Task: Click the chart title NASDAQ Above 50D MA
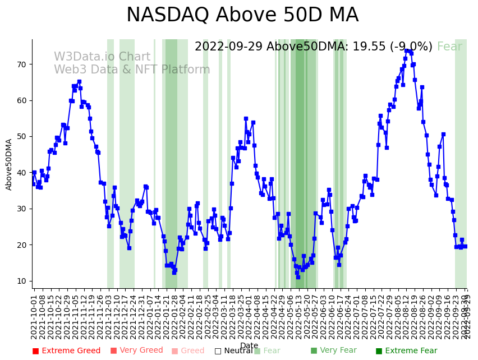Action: tap(242, 15)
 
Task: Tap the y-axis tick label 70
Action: tap(21, 64)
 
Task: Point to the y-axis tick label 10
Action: tap(21, 281)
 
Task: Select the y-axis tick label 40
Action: tap(21, 173)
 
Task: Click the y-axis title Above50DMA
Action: tap(9, 164)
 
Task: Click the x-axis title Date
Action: tap(249, 346)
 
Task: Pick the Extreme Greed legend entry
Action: tap(66, 351)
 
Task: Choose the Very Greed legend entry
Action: tap(136, 351)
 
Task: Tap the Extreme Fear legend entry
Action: tap(407, 351)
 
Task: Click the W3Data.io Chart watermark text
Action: tap(102, 57)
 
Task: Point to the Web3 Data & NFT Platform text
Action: tap(132, 70)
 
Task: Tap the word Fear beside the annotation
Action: tap(449, 47)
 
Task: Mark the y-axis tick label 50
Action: tap(21, 137)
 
